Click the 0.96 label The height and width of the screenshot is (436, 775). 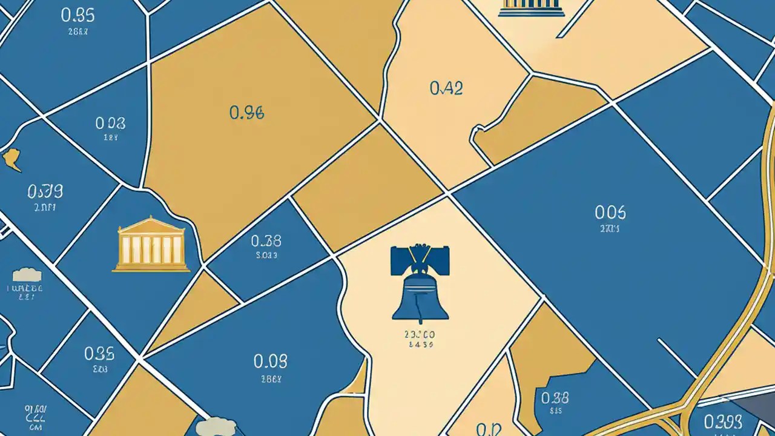(247, 113)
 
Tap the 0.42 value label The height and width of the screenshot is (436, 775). (446, 89)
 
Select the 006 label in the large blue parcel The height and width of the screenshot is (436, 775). (610, 212)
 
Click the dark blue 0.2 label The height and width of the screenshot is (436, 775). (488, 429)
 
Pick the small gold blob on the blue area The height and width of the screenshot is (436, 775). (12, 159)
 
